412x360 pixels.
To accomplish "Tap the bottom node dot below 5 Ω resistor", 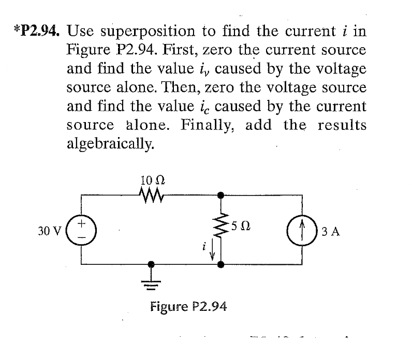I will [x=221, y=264].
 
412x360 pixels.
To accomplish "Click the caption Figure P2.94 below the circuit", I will [x=188, y=307].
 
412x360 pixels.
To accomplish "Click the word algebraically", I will [x=110, y=143].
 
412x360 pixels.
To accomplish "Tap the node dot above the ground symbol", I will [x=152, y=264].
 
